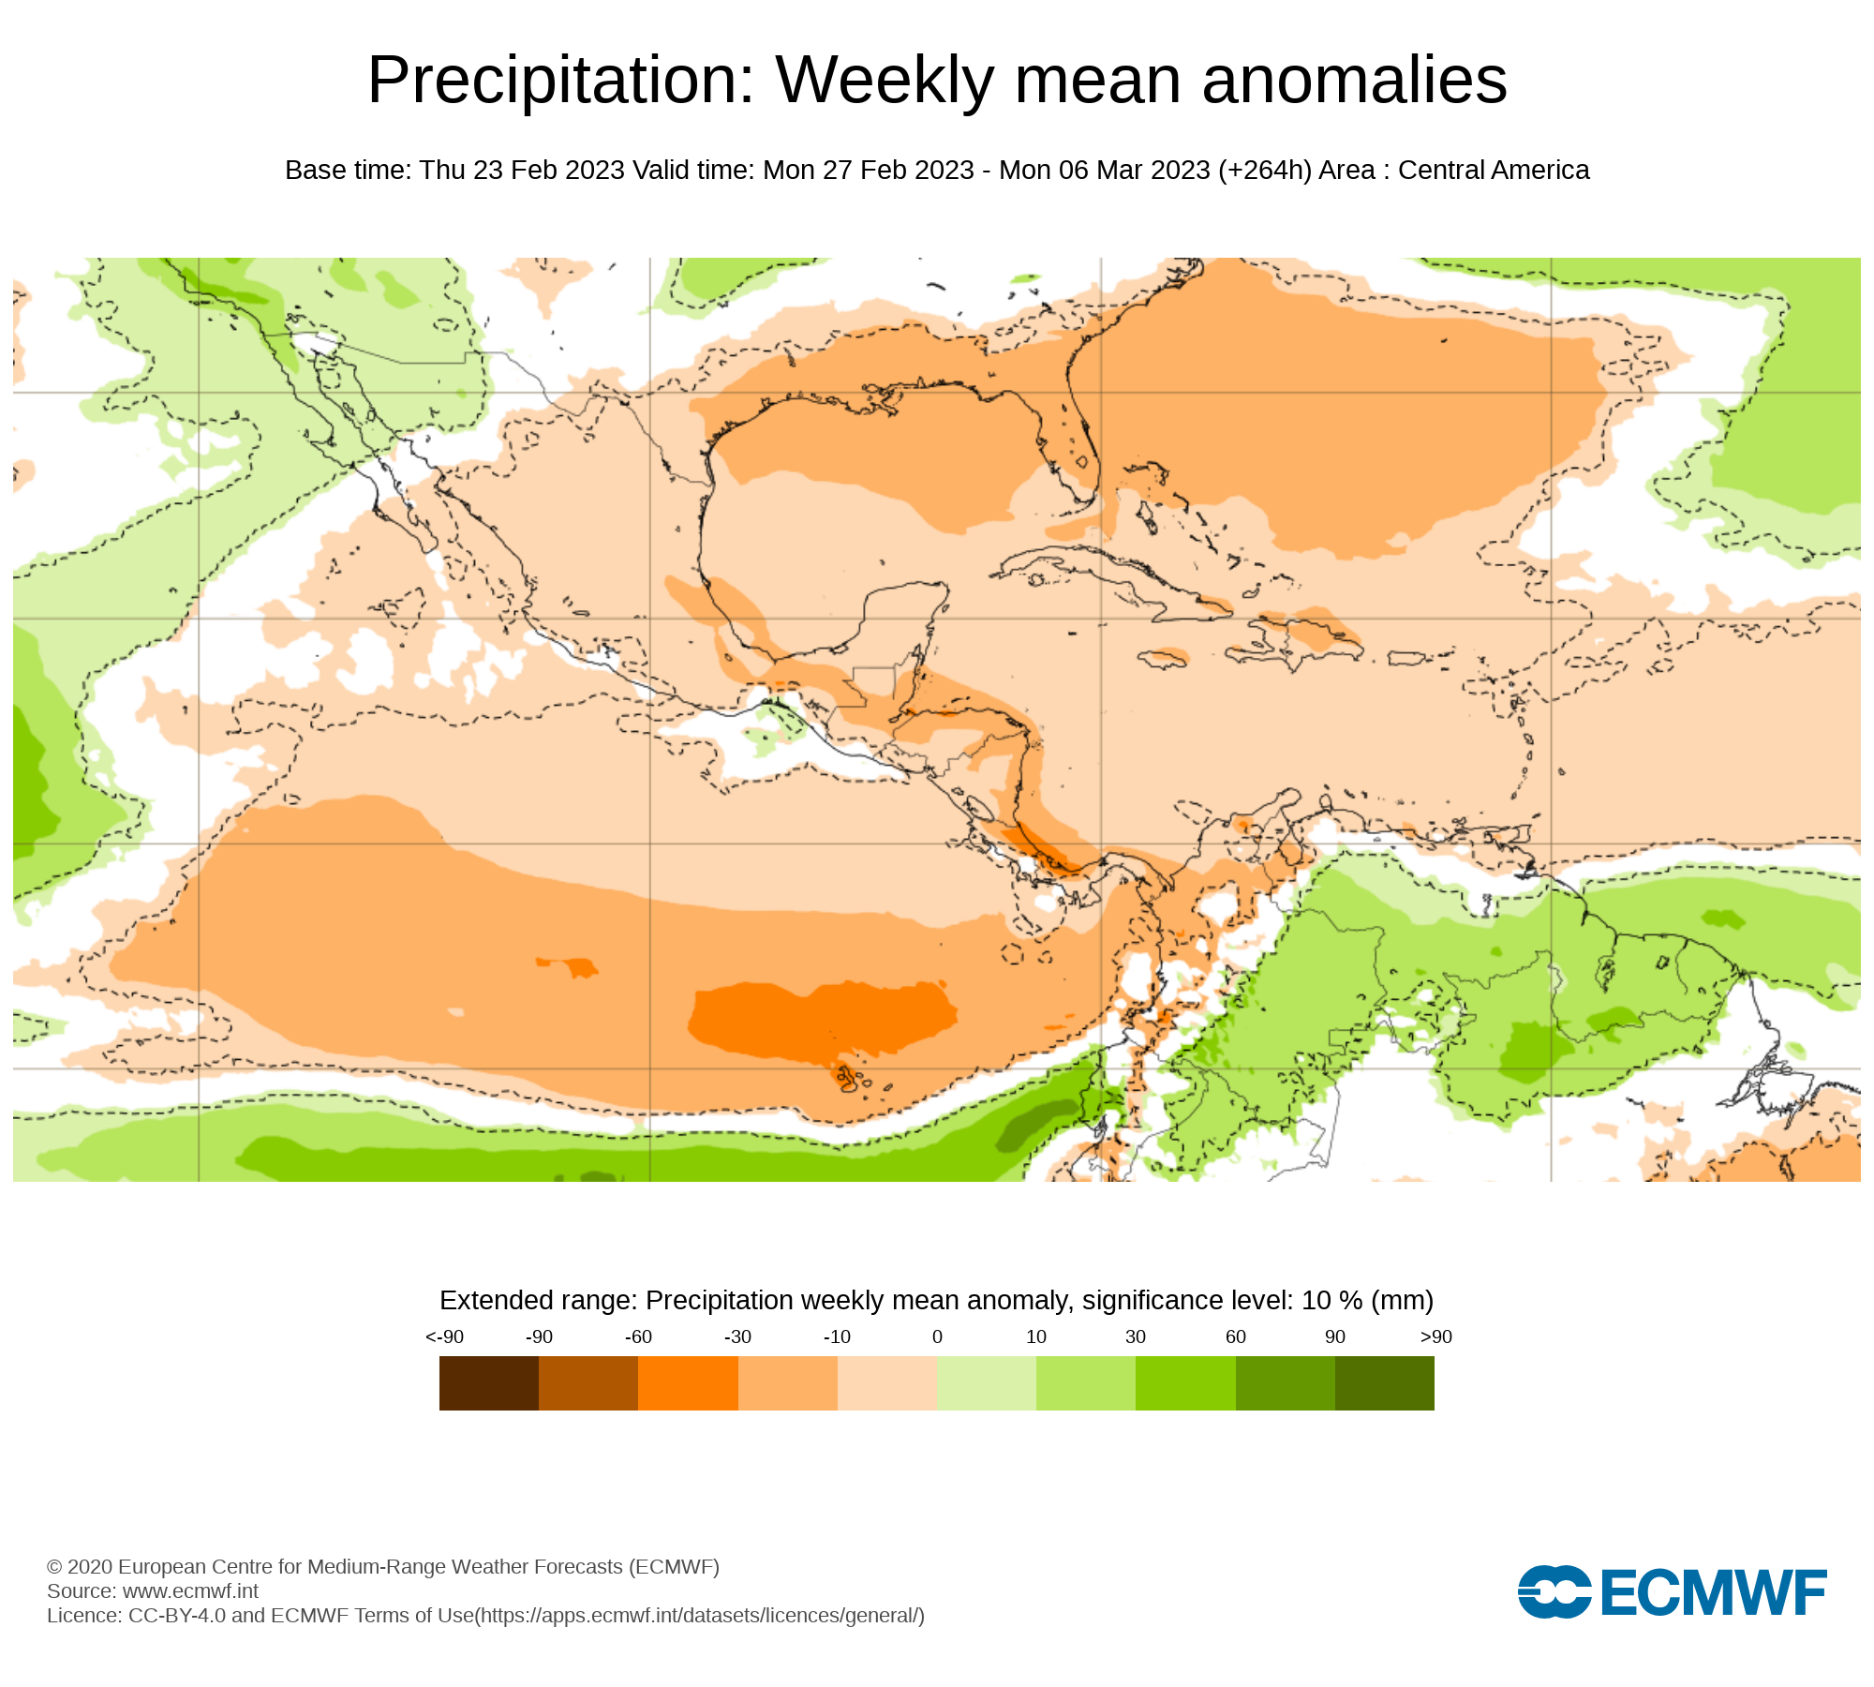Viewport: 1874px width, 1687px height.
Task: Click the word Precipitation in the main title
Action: coord(560,81)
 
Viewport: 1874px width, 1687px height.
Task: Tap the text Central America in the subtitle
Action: coord(1494,171)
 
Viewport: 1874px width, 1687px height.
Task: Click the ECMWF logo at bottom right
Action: coord(1672,1591)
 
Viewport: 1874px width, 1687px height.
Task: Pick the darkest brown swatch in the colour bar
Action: coord(489,1383)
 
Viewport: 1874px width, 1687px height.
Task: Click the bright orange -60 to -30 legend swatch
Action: coord(688,1383)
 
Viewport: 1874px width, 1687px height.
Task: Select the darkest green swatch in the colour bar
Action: coord(1384,1383)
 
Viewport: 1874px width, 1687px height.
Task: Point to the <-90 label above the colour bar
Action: coord(444,1337)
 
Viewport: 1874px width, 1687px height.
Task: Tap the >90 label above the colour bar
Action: coord(1435,1337)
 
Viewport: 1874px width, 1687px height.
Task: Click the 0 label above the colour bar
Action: coord(937,1337)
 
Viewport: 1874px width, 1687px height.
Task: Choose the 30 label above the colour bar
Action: coord(1136,1337)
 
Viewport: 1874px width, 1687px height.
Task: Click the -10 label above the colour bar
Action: coord(837,1337)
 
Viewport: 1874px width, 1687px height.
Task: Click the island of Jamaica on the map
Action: coord(1163,659)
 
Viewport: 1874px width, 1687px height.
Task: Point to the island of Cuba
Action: coord(1106,572)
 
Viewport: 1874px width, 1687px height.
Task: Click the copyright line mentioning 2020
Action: coord(383,1567)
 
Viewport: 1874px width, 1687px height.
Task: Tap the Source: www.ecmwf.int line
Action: coord(153,1591)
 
